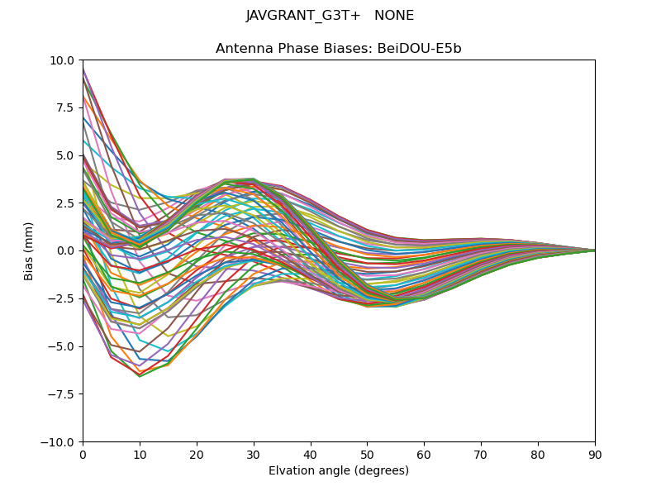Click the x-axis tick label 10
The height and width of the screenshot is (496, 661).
point(140,455)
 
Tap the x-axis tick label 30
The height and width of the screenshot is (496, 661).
point(254,455)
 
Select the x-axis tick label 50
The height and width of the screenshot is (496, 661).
point(367,455)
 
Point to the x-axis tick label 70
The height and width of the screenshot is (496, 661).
point(481,455)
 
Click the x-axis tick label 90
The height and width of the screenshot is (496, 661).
point(595,455)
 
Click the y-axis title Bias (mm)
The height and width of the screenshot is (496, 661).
point(29,250)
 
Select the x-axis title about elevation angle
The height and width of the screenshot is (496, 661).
point(339,470)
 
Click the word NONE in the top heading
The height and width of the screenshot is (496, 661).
point(394,16)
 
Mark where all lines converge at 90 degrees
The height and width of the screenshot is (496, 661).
point(594,250)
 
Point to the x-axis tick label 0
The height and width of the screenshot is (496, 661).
point(83,455)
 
